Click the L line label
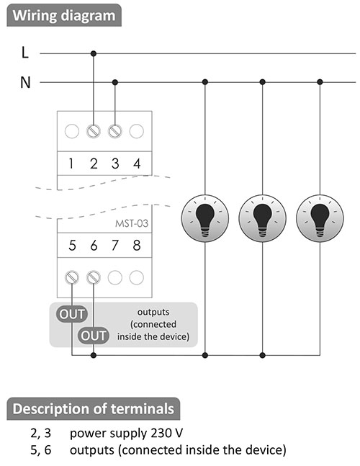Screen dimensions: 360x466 25,53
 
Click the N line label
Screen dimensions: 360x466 25,82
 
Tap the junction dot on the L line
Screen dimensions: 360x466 94,53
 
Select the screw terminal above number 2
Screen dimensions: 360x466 94,131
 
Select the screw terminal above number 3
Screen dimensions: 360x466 115,131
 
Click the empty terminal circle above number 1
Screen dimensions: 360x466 72,131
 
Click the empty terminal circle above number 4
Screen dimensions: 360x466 137,131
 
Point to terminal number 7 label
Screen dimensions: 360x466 115,245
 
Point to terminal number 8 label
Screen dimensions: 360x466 137,245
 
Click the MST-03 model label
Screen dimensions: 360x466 132,223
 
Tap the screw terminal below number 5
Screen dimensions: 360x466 72,277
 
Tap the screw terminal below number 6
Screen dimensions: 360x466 94,277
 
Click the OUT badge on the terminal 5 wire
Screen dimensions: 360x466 72,314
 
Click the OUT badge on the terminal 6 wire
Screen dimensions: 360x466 94,336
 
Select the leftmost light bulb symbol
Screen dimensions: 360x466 205,218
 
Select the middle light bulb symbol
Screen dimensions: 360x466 262,218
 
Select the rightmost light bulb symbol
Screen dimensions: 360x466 320,218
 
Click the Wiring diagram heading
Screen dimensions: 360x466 64,15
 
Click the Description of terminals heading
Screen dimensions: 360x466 94,408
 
